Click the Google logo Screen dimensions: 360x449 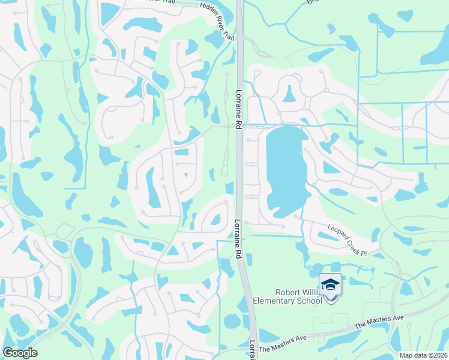[x=19, y=352]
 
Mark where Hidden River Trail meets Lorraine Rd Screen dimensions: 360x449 [x=239, y=37]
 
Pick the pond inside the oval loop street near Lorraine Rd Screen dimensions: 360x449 [x=215, y=220]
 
